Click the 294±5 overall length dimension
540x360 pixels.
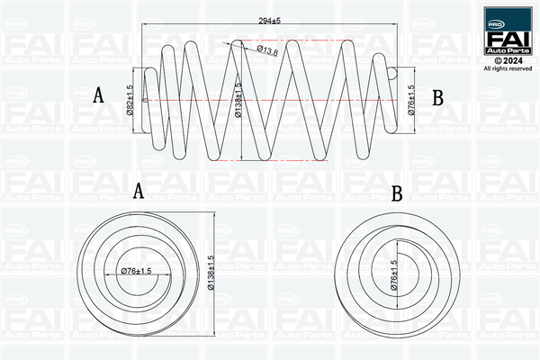click(270, 20)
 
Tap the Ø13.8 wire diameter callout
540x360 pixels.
click(266, 50)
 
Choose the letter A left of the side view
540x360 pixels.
click(100, 95)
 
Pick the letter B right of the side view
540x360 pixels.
click(438, 97)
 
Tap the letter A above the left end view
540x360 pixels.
click(138, 191)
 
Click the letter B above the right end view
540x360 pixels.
click(397, 193)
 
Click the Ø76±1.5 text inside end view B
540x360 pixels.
click(393, 274)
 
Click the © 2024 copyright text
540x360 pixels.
click(508, 60)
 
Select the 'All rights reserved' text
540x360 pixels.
click(508, 68)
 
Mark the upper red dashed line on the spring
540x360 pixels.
click(270, 40)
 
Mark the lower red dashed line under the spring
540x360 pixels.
click(270, 161)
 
